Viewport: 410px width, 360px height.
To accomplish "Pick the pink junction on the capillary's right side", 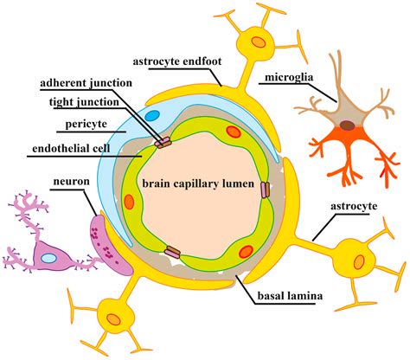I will [x=266, y=190].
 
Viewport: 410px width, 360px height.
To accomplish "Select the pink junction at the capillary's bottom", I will [x=172, y=253].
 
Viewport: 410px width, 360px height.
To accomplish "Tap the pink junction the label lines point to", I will [x=163, y=141].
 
